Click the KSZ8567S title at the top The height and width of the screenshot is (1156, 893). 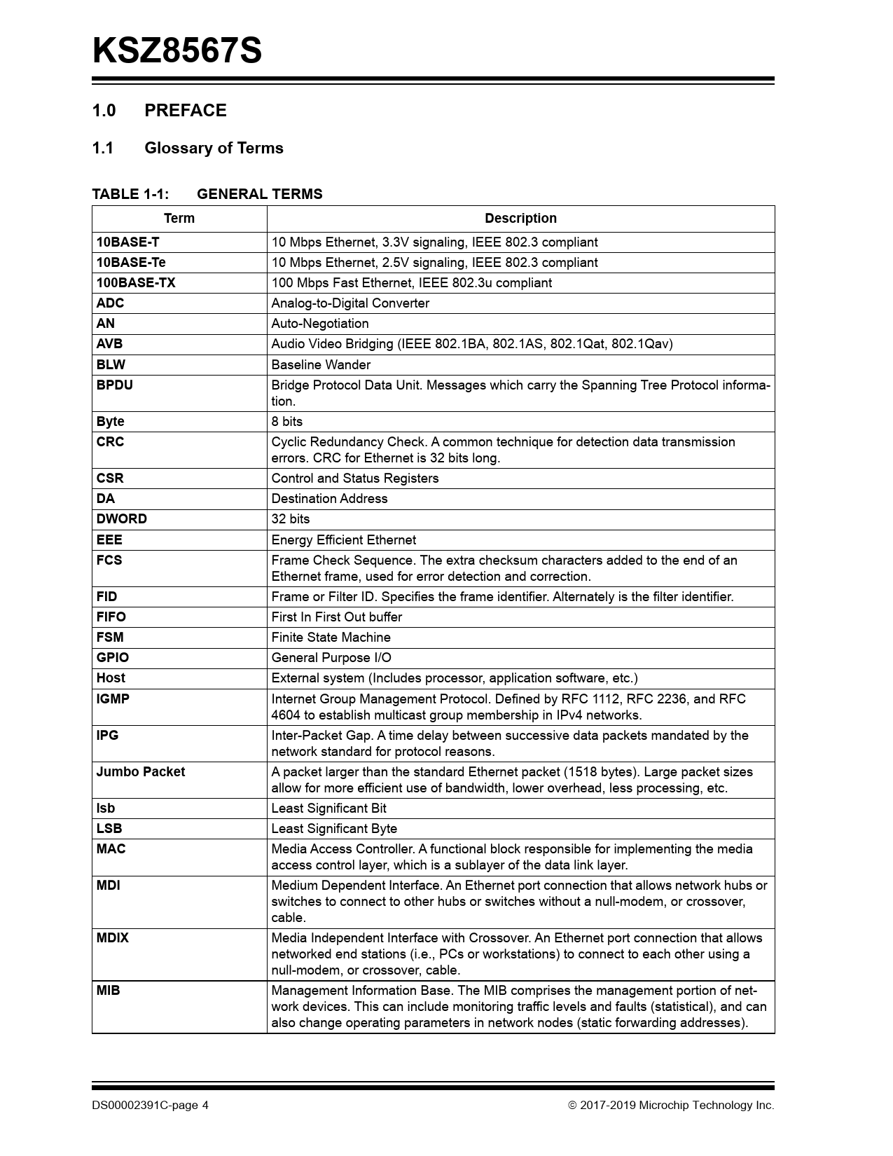pos(177,51)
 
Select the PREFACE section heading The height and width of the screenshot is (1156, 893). pos(185,111)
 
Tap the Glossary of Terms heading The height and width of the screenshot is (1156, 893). pos(214,149)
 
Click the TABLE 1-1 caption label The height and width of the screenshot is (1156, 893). pos(130,194)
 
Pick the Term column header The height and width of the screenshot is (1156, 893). pos(179,219)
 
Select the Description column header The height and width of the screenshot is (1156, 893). pos(520,219)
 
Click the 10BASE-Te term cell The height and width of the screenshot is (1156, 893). pos(131,263)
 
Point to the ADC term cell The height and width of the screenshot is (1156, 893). pos(110,303)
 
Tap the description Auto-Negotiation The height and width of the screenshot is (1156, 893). pos(320,324)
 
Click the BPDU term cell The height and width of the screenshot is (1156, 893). pos(114,385)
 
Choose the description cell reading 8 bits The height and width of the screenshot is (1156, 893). pos(287,422)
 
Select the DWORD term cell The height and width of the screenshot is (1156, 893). pos(122,519)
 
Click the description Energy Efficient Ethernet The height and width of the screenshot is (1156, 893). pos(344,540)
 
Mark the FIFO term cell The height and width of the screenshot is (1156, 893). pos(111,617)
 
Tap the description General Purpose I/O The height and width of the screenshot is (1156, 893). pos(331,658)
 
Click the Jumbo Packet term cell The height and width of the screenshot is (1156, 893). pos(141,772)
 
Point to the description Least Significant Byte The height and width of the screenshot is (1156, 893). pos(334,829)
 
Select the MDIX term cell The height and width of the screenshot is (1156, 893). pos(113,938)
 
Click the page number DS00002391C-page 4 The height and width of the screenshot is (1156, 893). pos(150,1106)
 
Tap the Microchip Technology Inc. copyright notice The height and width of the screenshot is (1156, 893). pos(671,1106)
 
